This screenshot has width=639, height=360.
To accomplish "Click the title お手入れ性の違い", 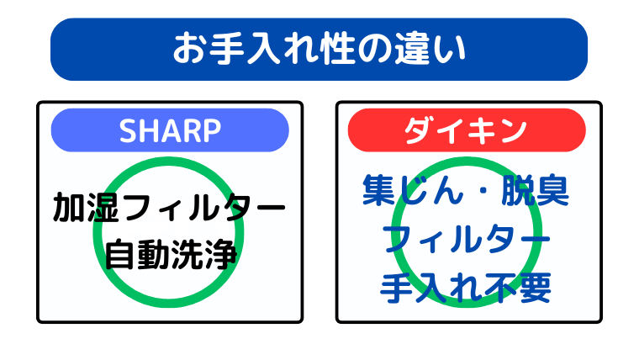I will click(x=319, y=49).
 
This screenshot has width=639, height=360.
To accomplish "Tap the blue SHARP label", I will click(x=170, y=130).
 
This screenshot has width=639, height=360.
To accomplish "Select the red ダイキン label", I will click(x=466, y=130).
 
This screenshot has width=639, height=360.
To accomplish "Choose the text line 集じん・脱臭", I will click(x=466, y=191).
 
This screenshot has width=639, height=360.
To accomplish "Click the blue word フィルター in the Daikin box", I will click(x=466, y=240).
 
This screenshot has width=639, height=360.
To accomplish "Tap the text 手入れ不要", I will click(x=466, y=288).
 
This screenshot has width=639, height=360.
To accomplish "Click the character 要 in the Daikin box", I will click(x=535, y=288).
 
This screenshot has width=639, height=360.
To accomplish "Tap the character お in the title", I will click(x=187, y=49).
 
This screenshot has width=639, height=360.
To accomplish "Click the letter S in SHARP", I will click(x=129, y=130).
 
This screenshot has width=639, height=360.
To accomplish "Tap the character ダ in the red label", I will click(x=419, y=130).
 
